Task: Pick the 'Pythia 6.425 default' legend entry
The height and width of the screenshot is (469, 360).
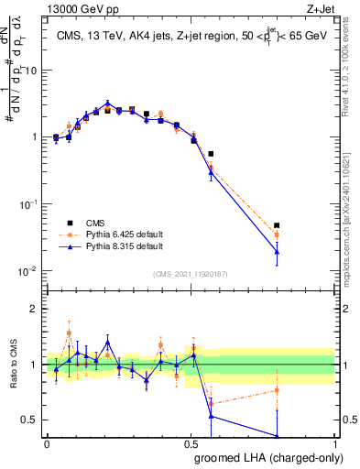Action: (x=116, y=234)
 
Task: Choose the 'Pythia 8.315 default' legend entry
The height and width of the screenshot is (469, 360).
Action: (x=116, y=246)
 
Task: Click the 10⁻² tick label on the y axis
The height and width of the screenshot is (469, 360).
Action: (x=29, y=271)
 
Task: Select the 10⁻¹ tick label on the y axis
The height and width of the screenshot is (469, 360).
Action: (x=29, y=204)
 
